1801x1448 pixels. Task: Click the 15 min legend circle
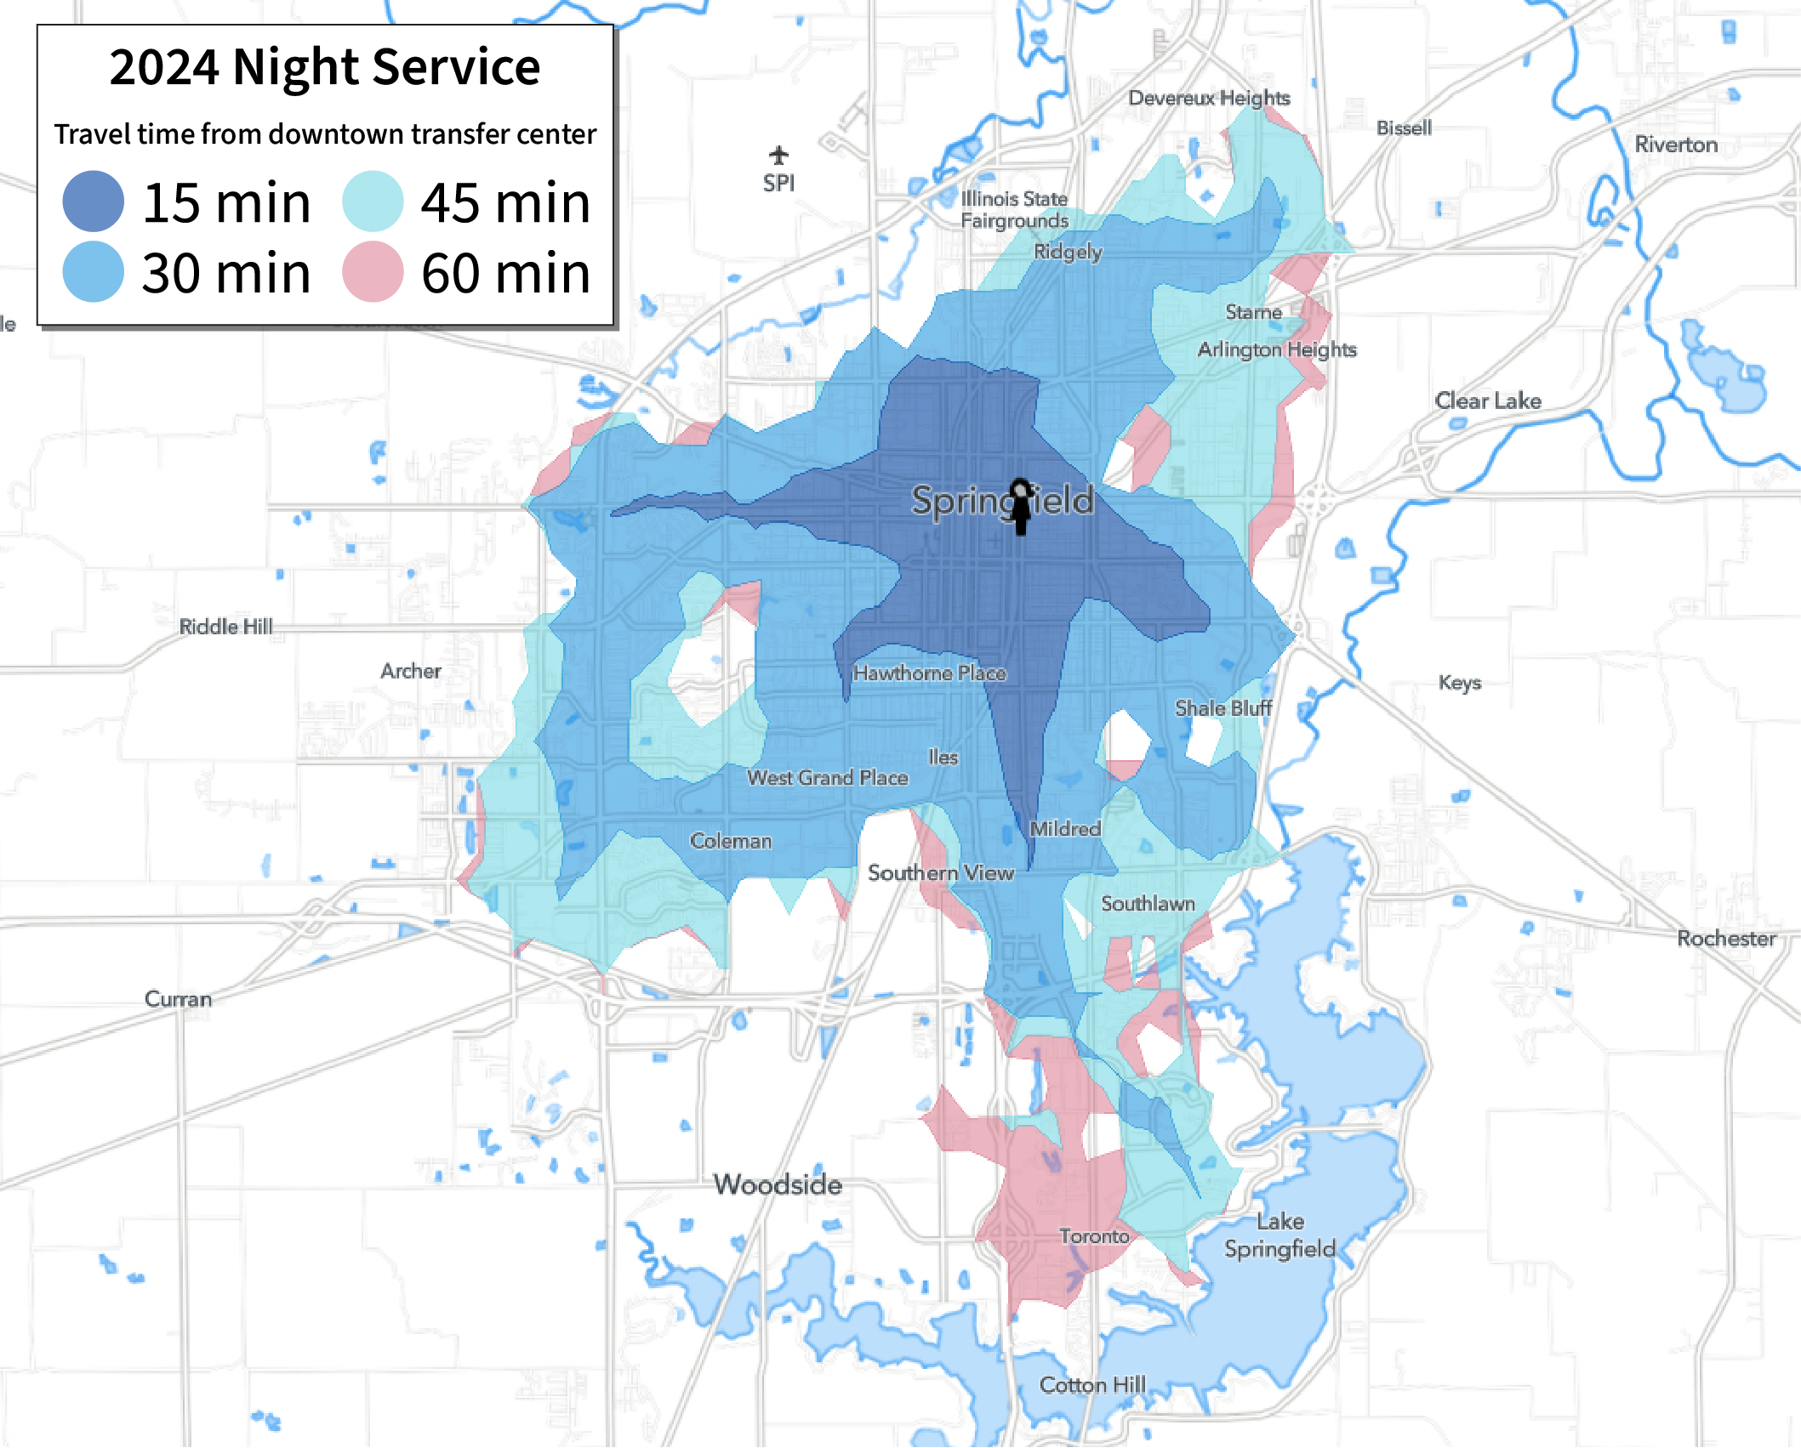pyautogui.click(x=94, y=202)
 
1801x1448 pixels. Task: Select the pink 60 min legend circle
pyautogui.click(x=373, y=272)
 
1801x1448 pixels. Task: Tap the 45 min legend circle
pyautogui.click(x=373, y=202)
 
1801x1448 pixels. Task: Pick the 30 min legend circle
pyautogui.click(x=94, y=272)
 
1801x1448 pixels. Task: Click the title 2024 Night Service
pyautogui.click(x=324, y=67)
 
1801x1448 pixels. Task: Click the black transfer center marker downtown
pyautogui.click(x=1021, y=507)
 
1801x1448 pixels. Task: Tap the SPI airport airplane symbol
pyautogui.click(x=778, y=156)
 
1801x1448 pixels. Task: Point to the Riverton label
pyautogui.click(x=1676, y=145)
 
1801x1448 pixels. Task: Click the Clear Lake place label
pyautogui.click(x=1488, y=400)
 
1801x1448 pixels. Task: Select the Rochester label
pyautogui.click(x=1726, y=939)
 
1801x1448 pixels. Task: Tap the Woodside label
pyautogui.click(x=778, y=1184)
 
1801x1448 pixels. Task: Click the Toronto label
pyautogui.click(x=1094, y=1236)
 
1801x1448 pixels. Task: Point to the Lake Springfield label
pyautogui.click(x=1280, y=1235)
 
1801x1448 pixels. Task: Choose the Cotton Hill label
pyautogui.click(x=1092, y=1385)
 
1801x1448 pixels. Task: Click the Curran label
pyautogui.click(x=178, y=999)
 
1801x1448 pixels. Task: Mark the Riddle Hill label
pyautogui.click(x=225, y=627)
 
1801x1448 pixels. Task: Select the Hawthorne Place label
pyautogui.click(x=930, y=673)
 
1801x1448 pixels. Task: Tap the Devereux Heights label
pyautogui.click(x=1209, y=98)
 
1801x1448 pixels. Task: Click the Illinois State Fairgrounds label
pyautogui.click(x=1014, y=210)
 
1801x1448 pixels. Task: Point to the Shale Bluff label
pyautogui.click(x=1223, y=708)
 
